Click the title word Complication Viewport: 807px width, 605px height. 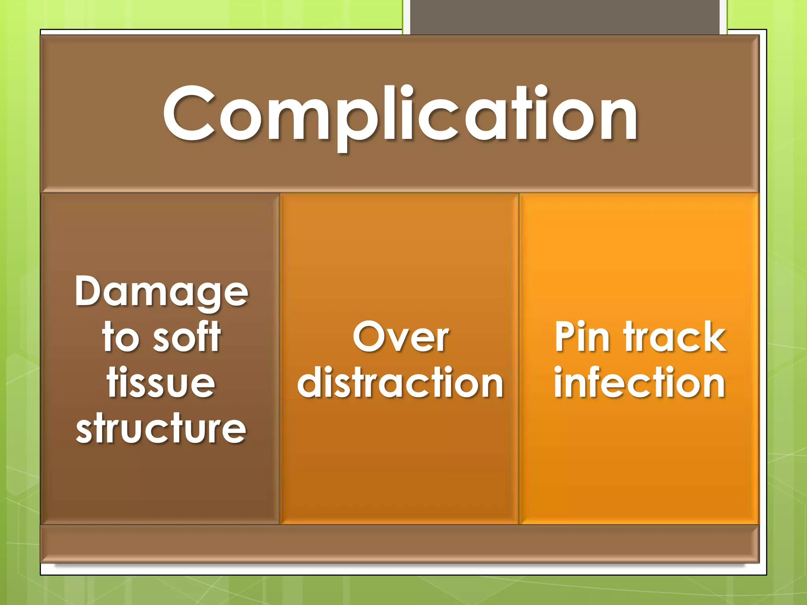click(400, 114)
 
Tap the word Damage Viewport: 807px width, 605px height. click(162, 292)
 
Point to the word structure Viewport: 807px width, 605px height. click(161, 429)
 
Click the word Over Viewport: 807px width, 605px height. click(401, 337)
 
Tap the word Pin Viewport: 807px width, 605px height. click(582, 337)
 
